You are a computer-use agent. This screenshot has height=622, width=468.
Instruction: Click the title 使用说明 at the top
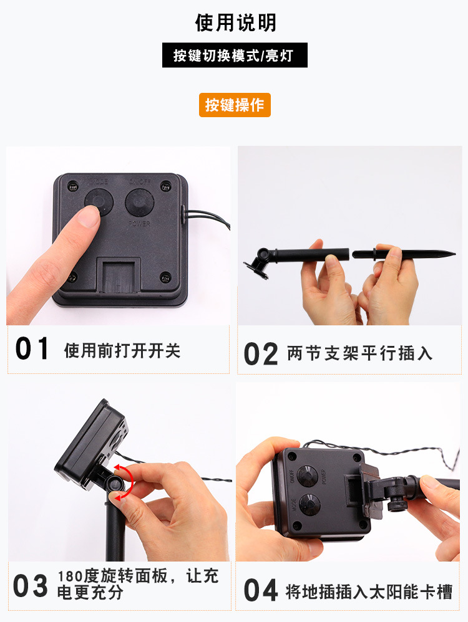235,22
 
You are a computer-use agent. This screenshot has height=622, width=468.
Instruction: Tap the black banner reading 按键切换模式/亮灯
235,55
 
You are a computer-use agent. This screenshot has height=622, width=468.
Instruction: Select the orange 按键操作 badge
235,105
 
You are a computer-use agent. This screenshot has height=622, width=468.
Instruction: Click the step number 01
32,348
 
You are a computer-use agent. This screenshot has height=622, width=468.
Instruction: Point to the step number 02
261,354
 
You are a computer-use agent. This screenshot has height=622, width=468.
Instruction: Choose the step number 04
261,590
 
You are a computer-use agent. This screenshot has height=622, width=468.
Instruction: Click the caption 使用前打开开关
122,351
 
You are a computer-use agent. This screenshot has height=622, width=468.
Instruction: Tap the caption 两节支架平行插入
360,353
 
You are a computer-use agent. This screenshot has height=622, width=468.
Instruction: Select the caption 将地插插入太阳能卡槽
369,592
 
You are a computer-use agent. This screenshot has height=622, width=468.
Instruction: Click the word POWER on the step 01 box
139,224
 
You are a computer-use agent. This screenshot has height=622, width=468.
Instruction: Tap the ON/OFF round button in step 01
139,203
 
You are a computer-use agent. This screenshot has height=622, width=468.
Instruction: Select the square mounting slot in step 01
119,275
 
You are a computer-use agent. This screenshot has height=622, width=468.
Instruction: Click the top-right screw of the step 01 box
165,186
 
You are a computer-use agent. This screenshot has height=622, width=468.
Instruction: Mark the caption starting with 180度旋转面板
138,585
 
